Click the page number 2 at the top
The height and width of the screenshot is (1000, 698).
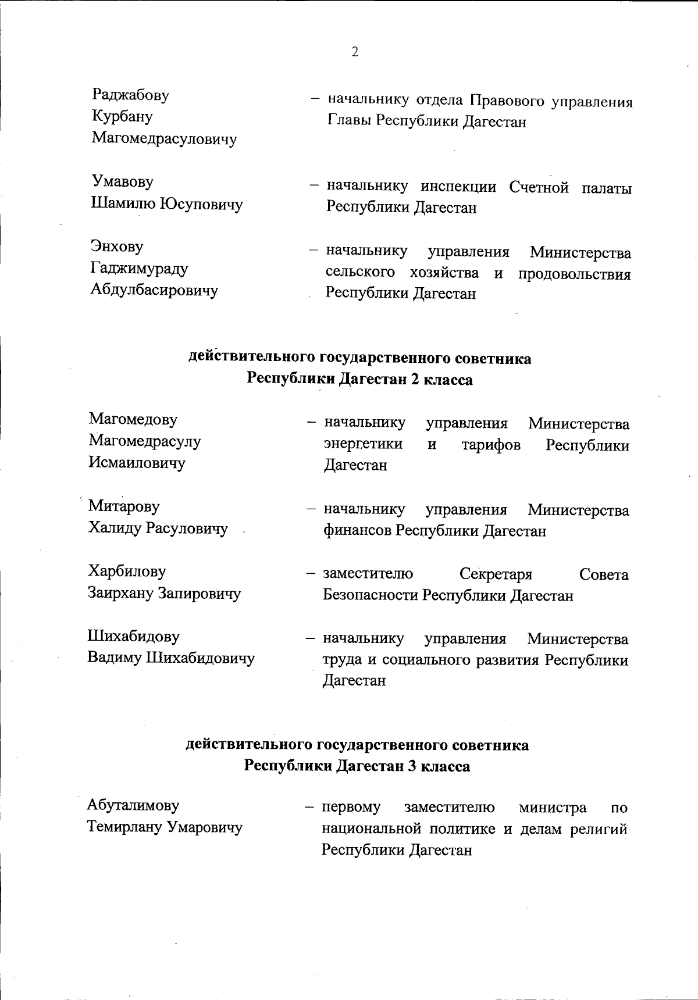click(354, 52)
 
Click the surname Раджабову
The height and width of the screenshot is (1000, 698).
click(130, 95)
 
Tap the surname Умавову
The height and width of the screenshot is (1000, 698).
click(123, 181)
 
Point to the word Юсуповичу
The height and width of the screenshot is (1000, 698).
click(201, 204)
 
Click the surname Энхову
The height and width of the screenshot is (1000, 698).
click(117, 247)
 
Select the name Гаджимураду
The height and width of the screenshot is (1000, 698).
click(139, 269)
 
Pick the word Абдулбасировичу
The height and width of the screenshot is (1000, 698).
click(154, 290)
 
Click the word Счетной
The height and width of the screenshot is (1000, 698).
click(538, 188)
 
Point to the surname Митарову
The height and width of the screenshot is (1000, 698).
click(124, 506)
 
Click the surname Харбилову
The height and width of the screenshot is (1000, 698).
click(127, 572)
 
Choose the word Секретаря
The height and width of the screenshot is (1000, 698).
click(496, 575)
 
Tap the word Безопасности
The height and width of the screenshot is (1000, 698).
click(371, 596)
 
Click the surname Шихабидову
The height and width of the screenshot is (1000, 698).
click(133, 637)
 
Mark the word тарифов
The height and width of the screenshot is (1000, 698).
click(490, 445)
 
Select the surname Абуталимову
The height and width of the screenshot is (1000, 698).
click(133, 805)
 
